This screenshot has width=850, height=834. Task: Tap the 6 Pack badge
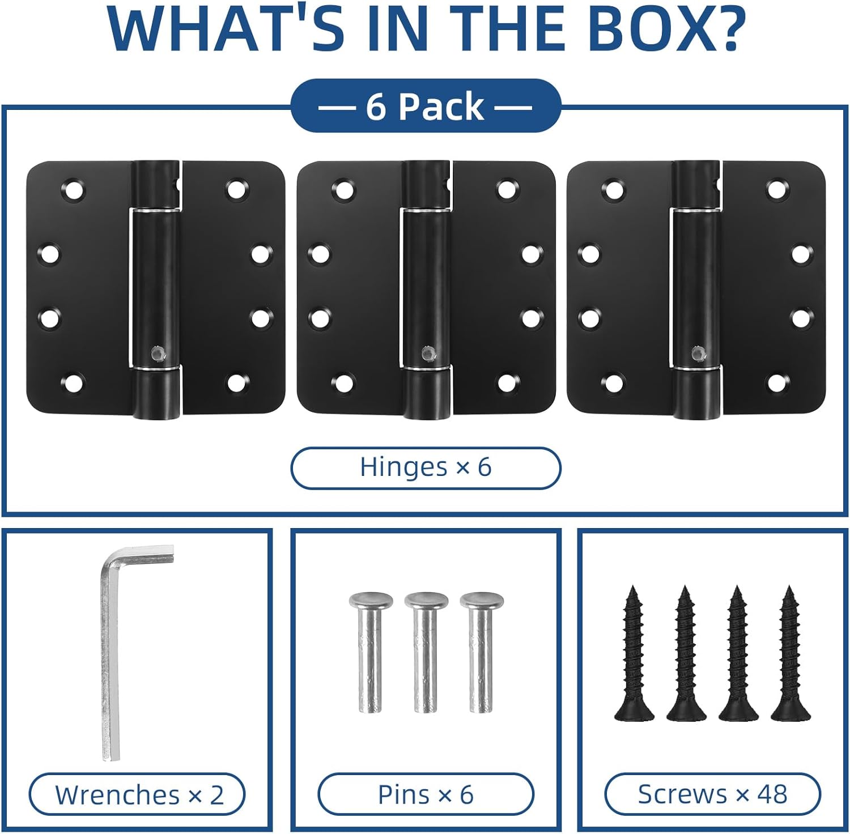tap(426, 107)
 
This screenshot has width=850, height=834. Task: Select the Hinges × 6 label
tap(426, 467)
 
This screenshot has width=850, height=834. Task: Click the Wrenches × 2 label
tap(138, 795)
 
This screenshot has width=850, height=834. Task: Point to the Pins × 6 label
tap(426, 795)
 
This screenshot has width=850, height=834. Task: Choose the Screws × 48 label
tap(712, 794)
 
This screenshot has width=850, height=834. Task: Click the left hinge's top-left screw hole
tap(73, 190)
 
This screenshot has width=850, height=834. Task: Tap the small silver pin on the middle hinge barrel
tap(427, 354)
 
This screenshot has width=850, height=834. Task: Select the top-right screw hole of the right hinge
tap(776, 190)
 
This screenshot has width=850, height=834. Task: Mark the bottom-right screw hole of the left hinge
tap(236, 383)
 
